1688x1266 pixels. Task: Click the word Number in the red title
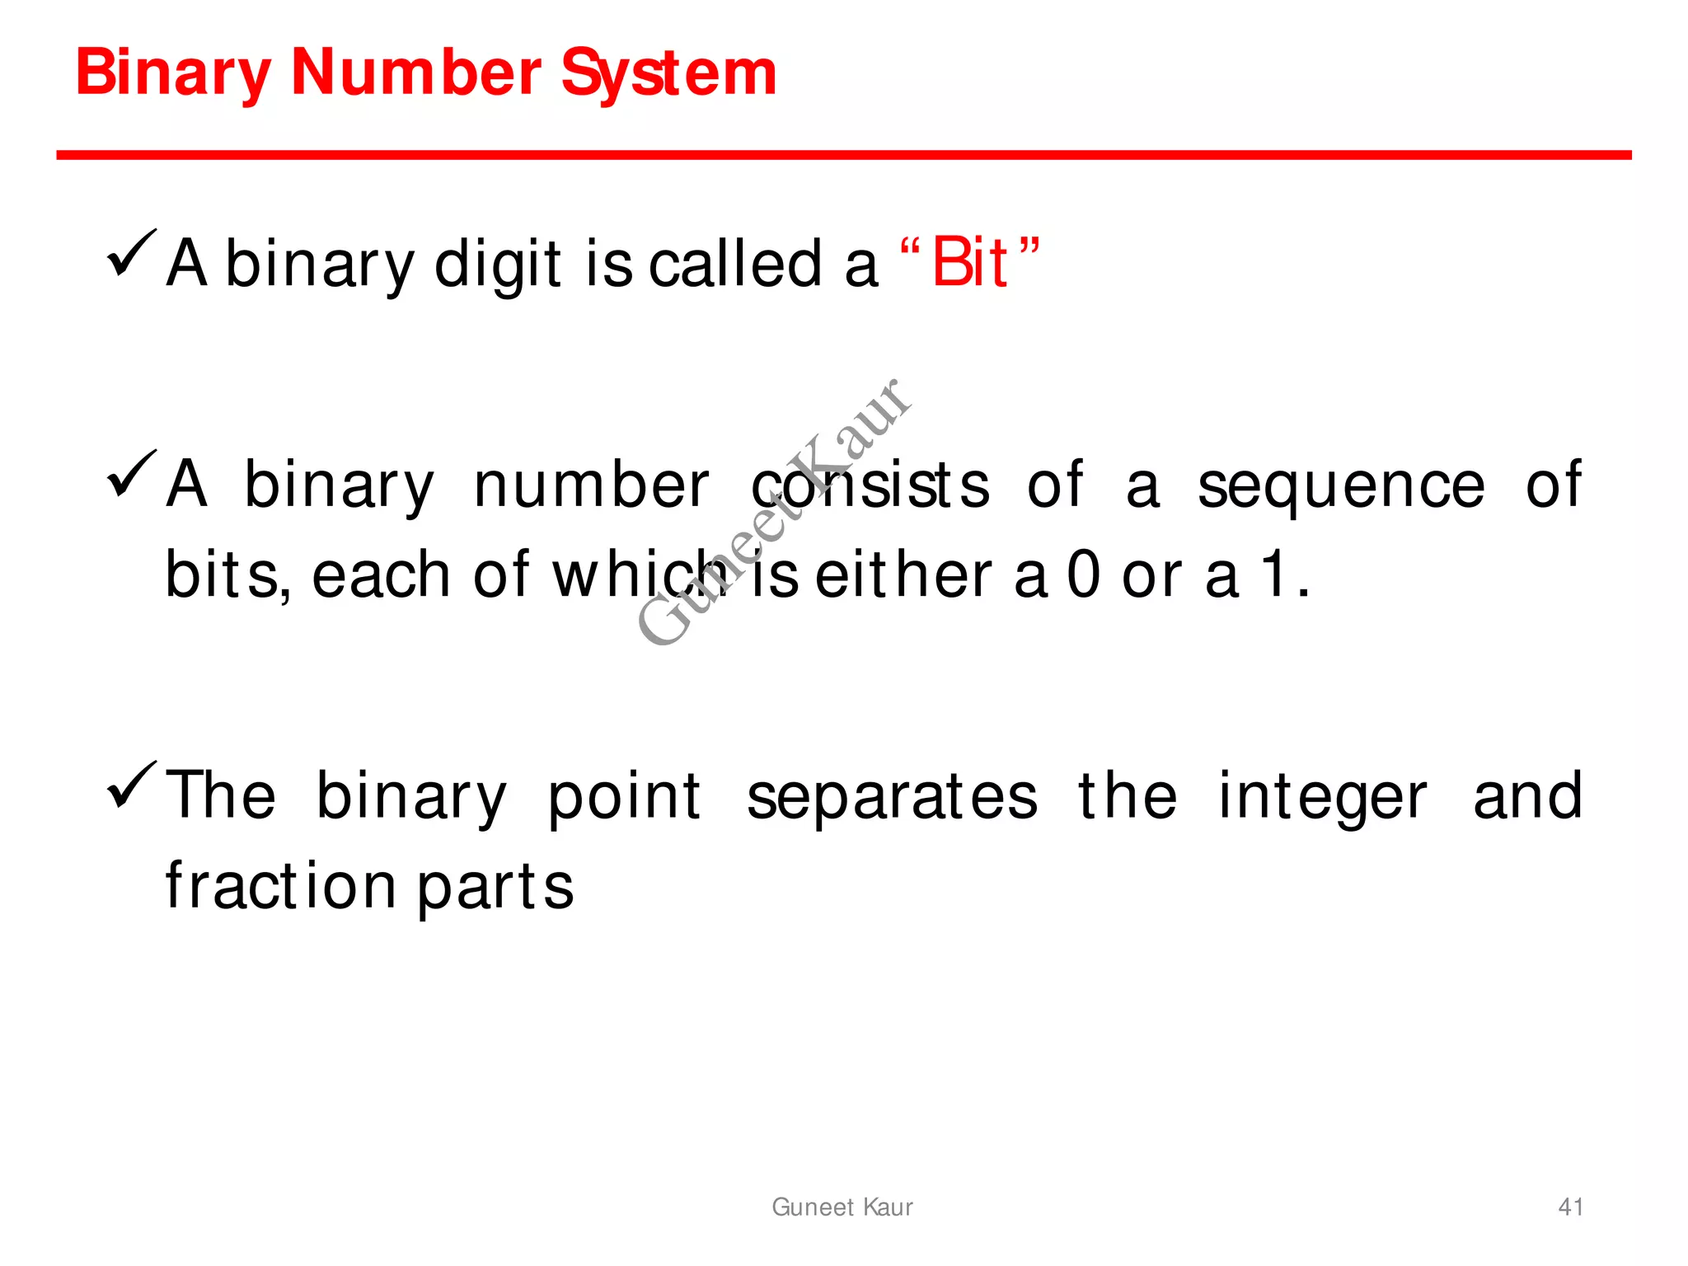416,73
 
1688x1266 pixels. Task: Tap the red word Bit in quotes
969,263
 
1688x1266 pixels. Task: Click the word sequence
1341,485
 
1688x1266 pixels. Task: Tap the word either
903,574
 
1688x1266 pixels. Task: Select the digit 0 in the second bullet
1083,574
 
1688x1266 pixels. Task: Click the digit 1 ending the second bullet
1274,574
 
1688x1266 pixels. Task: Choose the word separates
892,797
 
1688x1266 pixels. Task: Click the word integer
1322,797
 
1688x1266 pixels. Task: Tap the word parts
495,888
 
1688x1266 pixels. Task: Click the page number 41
1570,1207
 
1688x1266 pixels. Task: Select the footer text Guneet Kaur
842,1207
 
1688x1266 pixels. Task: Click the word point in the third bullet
624,797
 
